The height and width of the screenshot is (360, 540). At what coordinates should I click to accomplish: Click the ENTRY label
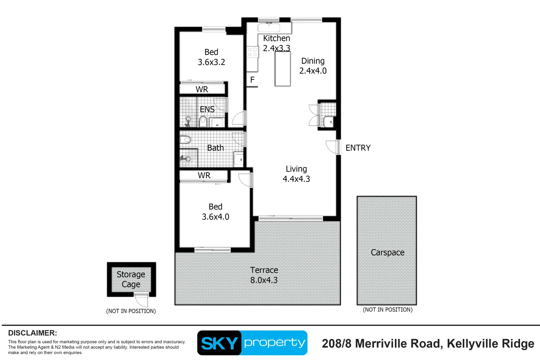pyautogui.click(x=358, y=148)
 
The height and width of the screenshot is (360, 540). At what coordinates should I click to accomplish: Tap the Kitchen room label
pyautogui.click(x=277, y=38)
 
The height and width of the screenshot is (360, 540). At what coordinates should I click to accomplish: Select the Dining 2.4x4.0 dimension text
pyautogui.click(x=313, y=71)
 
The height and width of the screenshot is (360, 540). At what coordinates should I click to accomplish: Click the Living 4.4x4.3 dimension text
pyautogui.click(x=296, y=179)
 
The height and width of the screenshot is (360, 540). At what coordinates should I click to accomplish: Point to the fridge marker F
pyautogui.click(x=252, y=80)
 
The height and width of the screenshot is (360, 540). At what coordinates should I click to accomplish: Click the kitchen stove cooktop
pyautogui.click(x=252, y=52)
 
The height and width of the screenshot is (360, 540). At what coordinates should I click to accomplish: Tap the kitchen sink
pyautogui.click(x=269, y=28)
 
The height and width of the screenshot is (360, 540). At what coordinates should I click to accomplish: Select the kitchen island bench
pyautogui.click(x=283, y=69)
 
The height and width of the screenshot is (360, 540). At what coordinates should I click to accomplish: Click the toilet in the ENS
pyautogui.click(x=203, y=122)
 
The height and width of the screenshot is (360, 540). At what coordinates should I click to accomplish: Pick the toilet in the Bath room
pyautogui.click(x=185, y=139)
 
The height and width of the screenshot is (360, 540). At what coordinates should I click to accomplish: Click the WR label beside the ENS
pyautogui.click(x=202, y=89)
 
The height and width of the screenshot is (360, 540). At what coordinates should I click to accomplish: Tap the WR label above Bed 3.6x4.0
pyautogui.click(x=204, y=176)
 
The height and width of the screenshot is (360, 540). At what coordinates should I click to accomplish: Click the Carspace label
pyautogui.click(x=387, y=252)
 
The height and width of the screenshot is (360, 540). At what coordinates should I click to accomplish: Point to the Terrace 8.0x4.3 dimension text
pyautogui.click(x=264, y=280)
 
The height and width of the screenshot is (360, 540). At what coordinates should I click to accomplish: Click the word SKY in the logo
pyautogui.click(x=219, y=343)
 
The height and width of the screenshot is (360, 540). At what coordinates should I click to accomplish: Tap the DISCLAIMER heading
pyautogui.click(x=33, y=333)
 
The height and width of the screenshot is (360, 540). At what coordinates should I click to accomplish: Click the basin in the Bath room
pyautogui.click(x=238, y=159)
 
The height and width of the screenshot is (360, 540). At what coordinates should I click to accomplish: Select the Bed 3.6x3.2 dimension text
pyautogui.click(x=211, y=62)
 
